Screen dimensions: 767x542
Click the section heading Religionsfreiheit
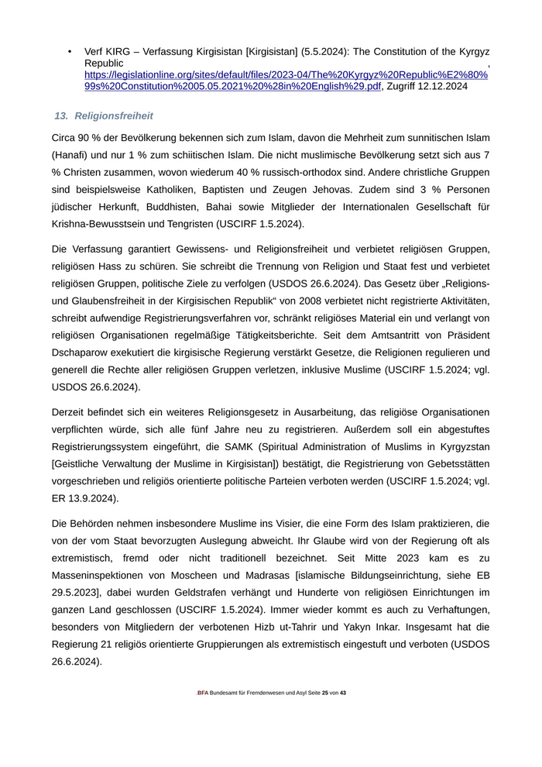[114, 115]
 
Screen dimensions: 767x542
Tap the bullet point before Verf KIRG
[70, 52]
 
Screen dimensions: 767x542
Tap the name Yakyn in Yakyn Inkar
[416, 627]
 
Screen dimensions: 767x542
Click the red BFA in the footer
[201, 693]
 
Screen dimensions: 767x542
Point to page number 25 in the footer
[325, 693]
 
